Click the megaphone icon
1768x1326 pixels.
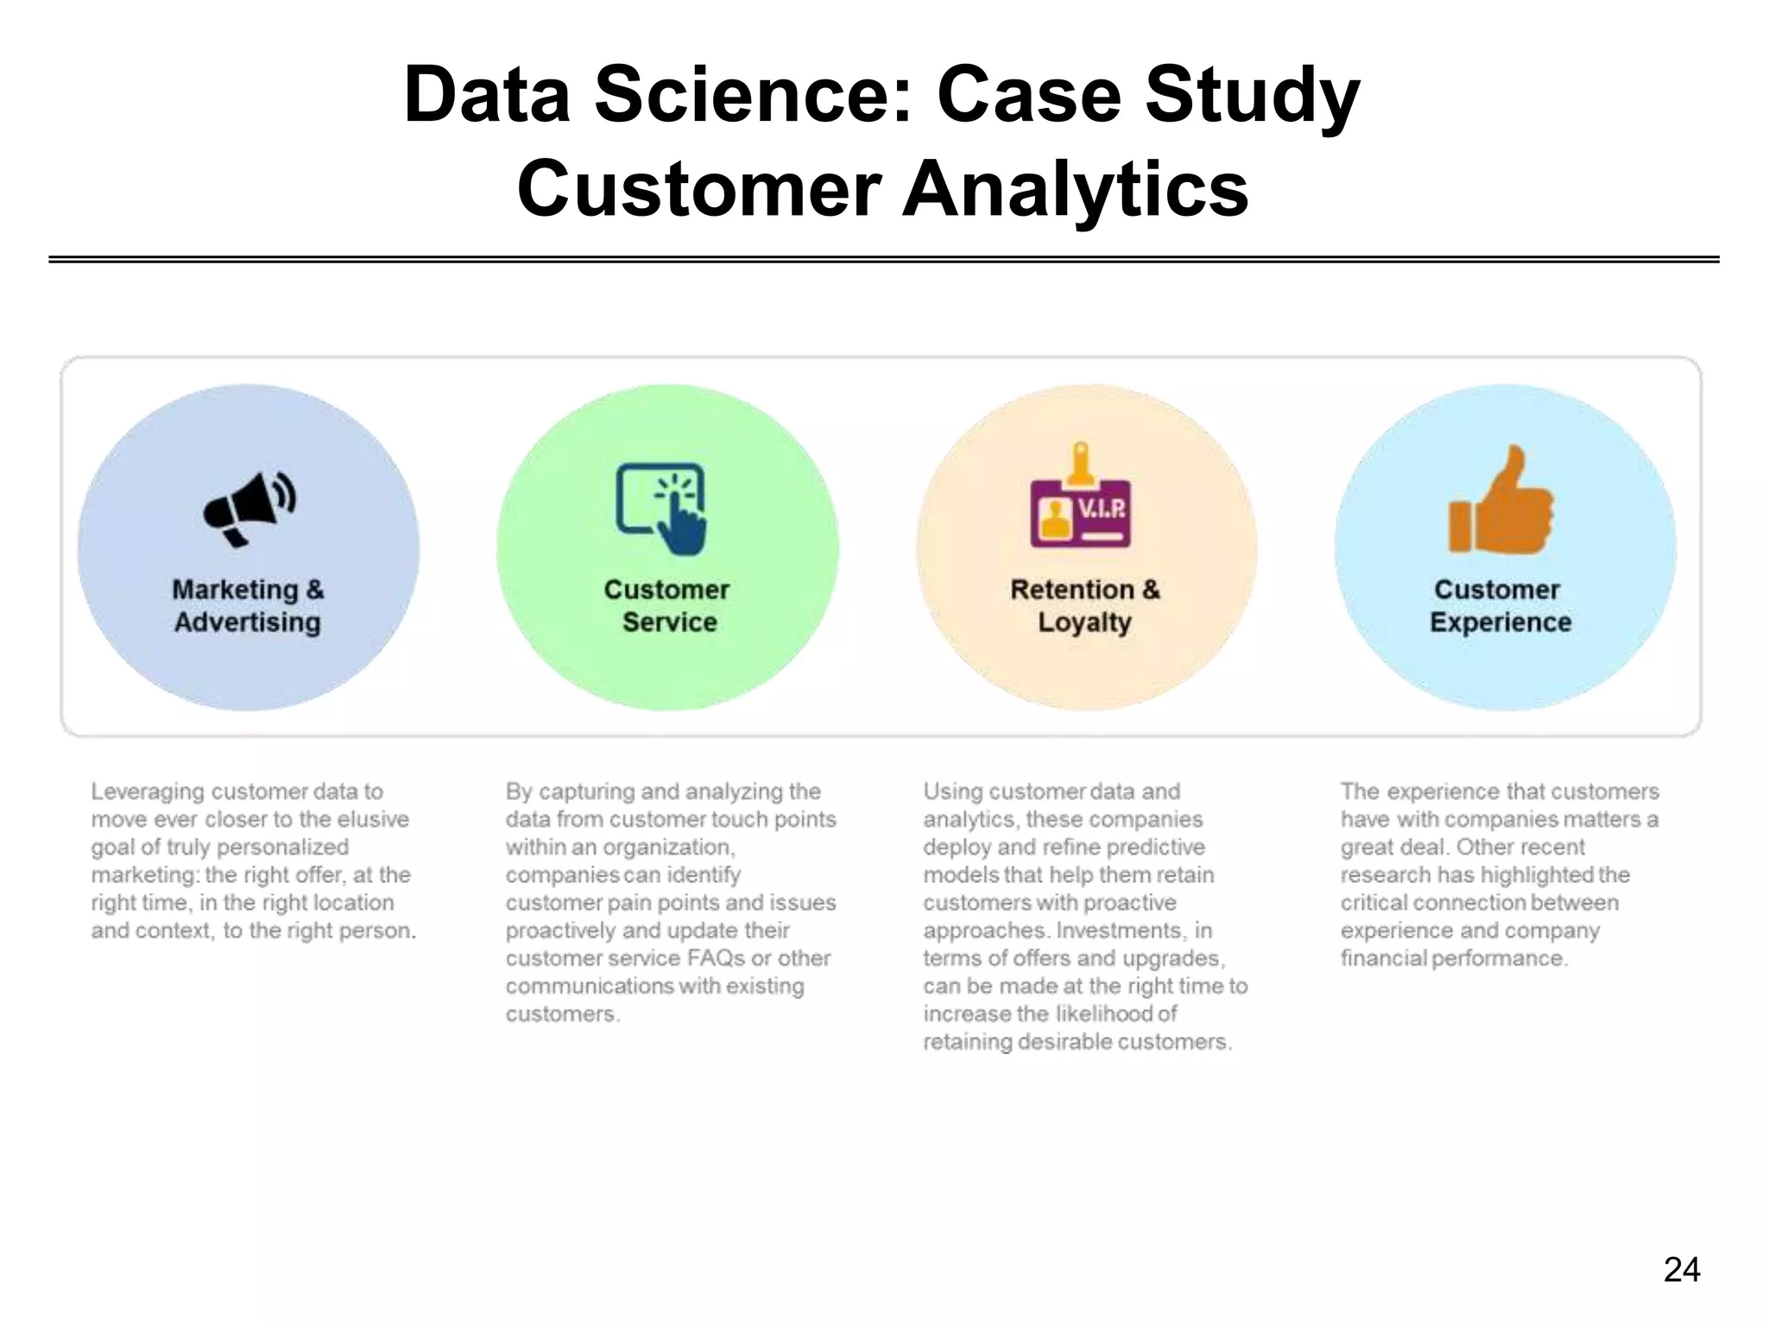249,508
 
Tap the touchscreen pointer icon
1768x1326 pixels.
662,508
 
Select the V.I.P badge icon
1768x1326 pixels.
1081,501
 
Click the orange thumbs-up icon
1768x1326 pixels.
1500,501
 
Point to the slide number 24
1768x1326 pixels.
1681,1270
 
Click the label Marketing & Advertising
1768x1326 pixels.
248,606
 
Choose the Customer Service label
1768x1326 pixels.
667,606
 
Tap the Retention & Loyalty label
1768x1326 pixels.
1085,606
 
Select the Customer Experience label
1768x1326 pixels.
1500,606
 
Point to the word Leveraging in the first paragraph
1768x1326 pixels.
148,792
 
